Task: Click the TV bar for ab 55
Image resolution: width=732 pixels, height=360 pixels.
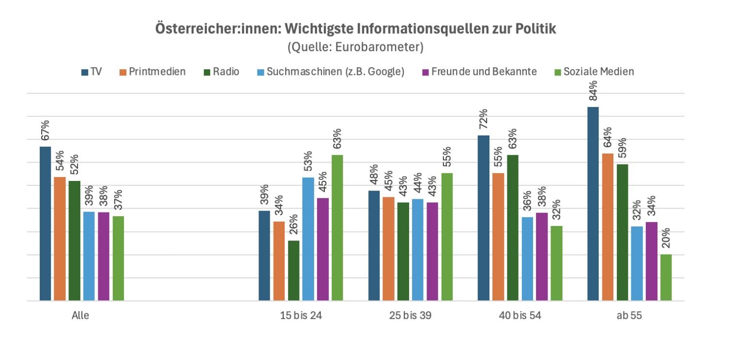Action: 593,204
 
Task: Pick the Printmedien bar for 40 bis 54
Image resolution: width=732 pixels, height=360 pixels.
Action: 498,237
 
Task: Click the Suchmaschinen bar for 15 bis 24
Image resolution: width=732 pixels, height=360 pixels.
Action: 308,239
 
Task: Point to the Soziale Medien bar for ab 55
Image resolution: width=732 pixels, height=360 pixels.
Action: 666,278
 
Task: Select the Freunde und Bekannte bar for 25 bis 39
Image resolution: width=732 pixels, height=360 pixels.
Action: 432,252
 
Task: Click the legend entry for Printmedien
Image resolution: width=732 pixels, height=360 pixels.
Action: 152,72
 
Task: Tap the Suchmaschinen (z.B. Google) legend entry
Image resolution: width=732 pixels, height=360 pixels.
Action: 329,72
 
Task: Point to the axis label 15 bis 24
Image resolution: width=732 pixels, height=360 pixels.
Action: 301,316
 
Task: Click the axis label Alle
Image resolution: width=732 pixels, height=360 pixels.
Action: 80,316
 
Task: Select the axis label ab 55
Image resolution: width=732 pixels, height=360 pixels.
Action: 629,316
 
